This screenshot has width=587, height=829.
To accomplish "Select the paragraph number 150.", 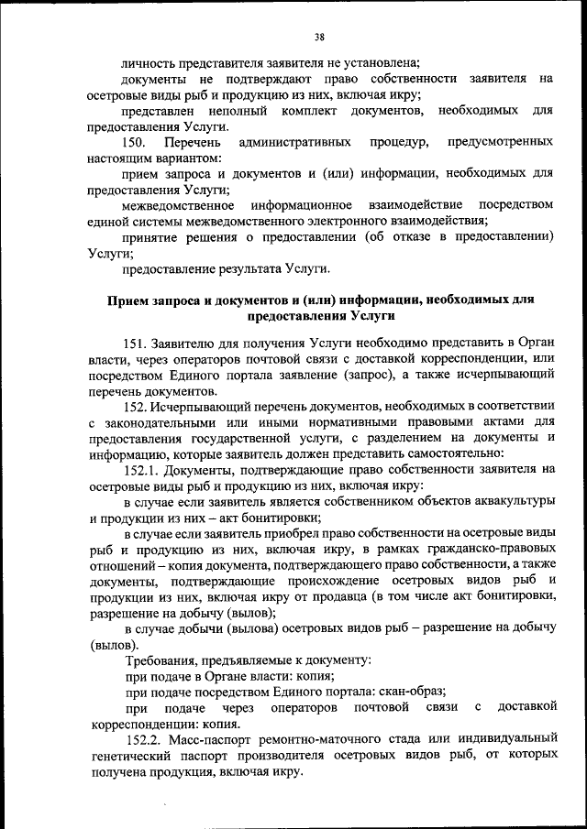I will coord(135,142).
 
